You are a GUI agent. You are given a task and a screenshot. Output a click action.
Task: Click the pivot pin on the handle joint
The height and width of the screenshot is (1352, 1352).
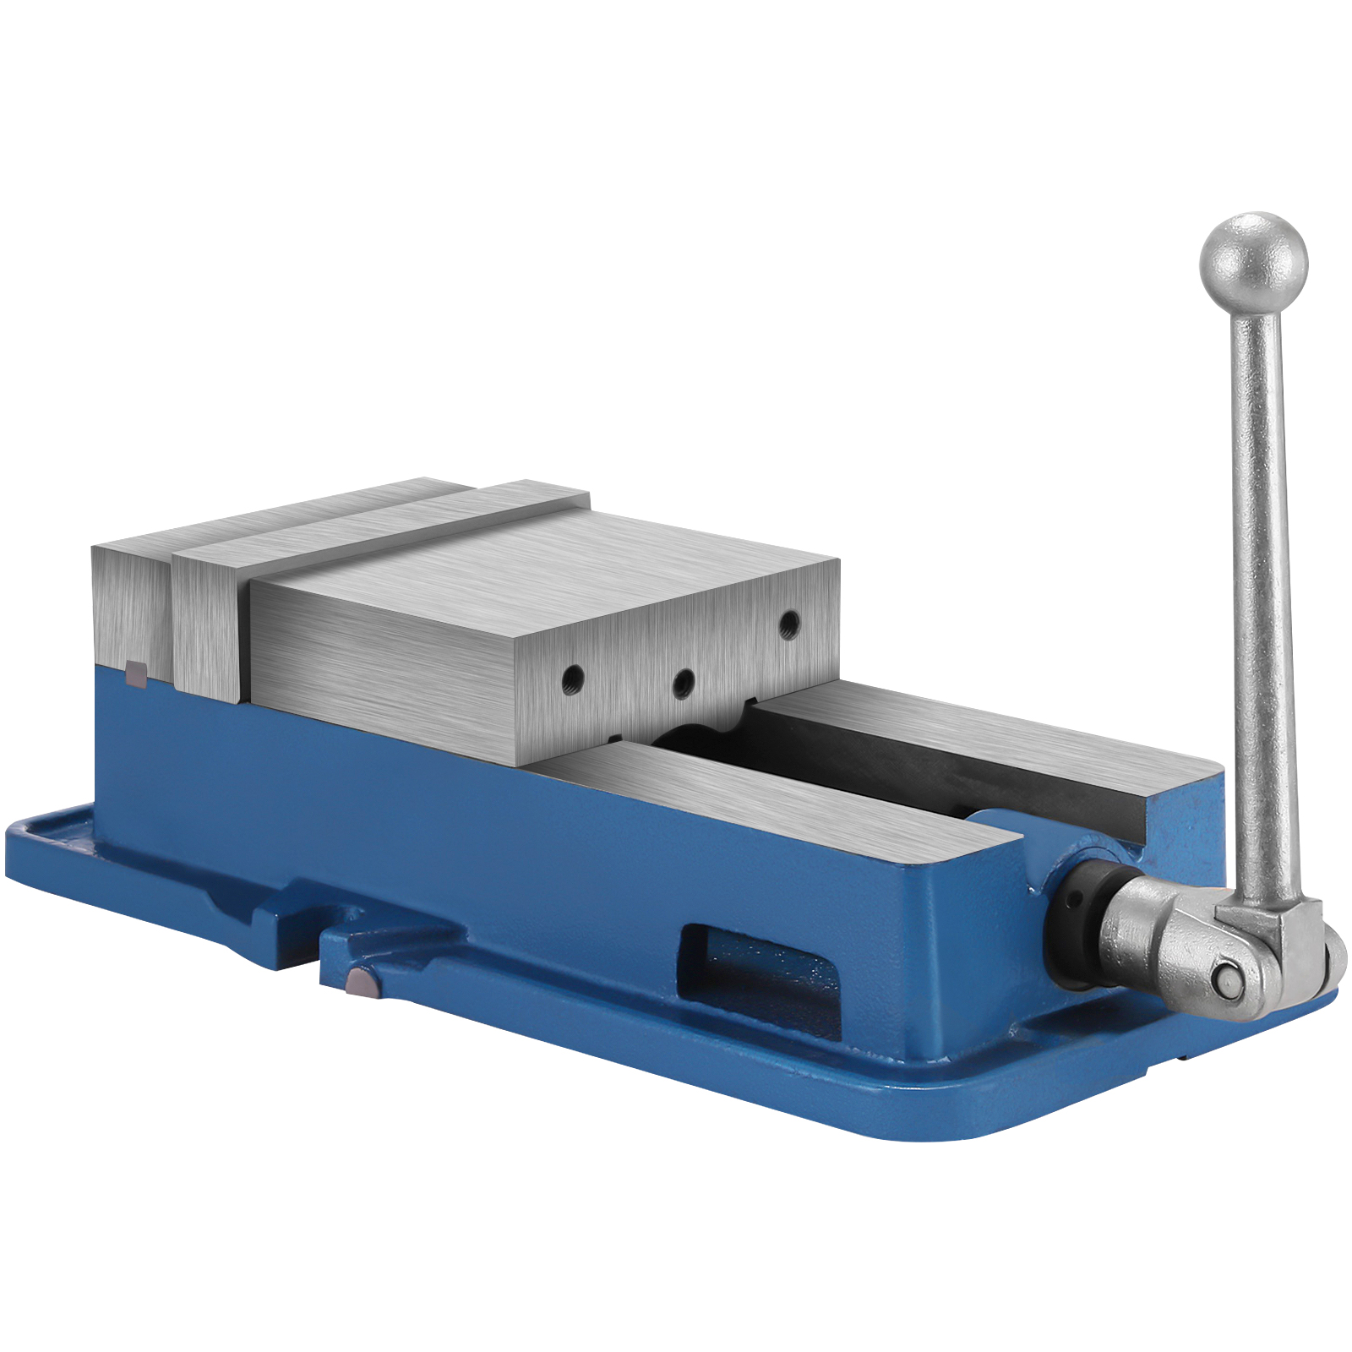point(1225,979)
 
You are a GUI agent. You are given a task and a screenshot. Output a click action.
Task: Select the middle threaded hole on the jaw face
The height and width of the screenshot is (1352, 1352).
point(683,681)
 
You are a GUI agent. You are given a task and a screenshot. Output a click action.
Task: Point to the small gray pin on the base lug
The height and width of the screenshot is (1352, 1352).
point(362,982)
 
